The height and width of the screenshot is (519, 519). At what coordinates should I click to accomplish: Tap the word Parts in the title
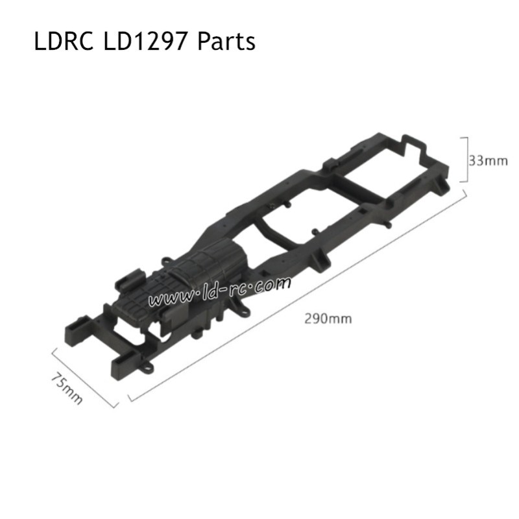pyautogui.click(x=226, y=42)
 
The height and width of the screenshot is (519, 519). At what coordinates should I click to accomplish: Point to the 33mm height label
pyautogui.click(x=489, y=161)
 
